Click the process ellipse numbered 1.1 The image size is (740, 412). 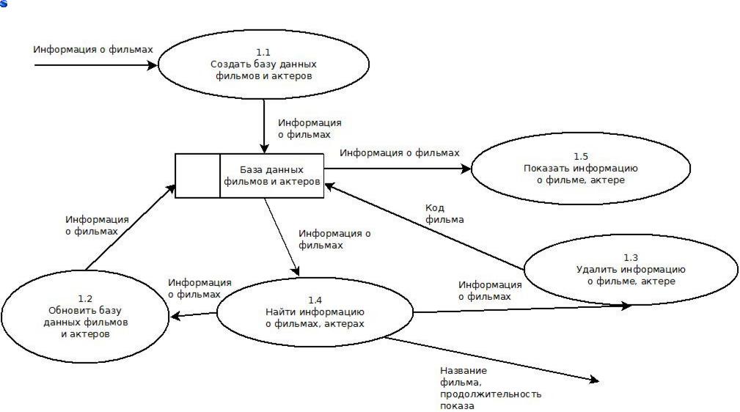point(263,65)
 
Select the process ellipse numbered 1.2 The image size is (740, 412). point(85,316)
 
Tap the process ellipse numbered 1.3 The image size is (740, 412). point(631,269)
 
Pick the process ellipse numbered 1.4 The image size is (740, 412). point(315,312)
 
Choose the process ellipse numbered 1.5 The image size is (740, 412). point(580,169)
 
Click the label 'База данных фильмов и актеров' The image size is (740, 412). point(272,175)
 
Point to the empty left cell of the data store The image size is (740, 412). point(197,176)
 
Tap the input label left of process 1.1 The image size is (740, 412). point(93,50)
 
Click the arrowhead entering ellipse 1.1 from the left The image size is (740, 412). point(153,65)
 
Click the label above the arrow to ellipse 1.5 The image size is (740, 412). point(400,152)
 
